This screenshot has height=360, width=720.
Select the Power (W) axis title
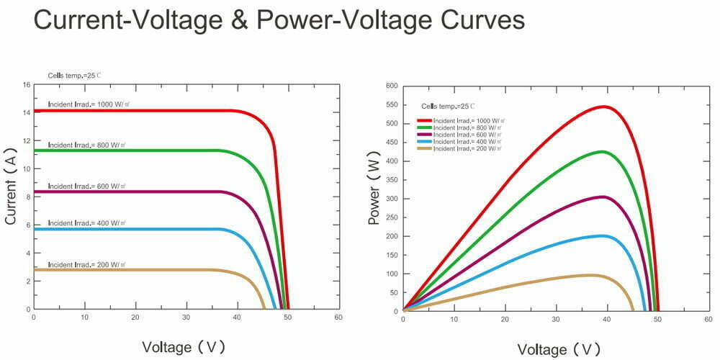coord(374,189)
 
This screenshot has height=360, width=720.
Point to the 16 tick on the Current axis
coord(27,85)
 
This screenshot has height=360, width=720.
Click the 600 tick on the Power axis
coord(392,86)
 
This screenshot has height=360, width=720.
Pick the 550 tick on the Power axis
coord(392,104)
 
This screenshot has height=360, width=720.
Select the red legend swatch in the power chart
coord(426,121)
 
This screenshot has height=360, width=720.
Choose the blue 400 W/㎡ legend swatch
coord(426,141)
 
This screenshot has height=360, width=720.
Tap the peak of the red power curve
coord(603,107)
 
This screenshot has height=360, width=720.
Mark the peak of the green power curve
coord(601,151)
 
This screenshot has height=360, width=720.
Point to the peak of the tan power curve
coord(590,275)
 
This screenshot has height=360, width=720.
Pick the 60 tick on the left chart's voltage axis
coord(338,318)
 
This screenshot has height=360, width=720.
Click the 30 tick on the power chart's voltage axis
coord(556,320)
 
